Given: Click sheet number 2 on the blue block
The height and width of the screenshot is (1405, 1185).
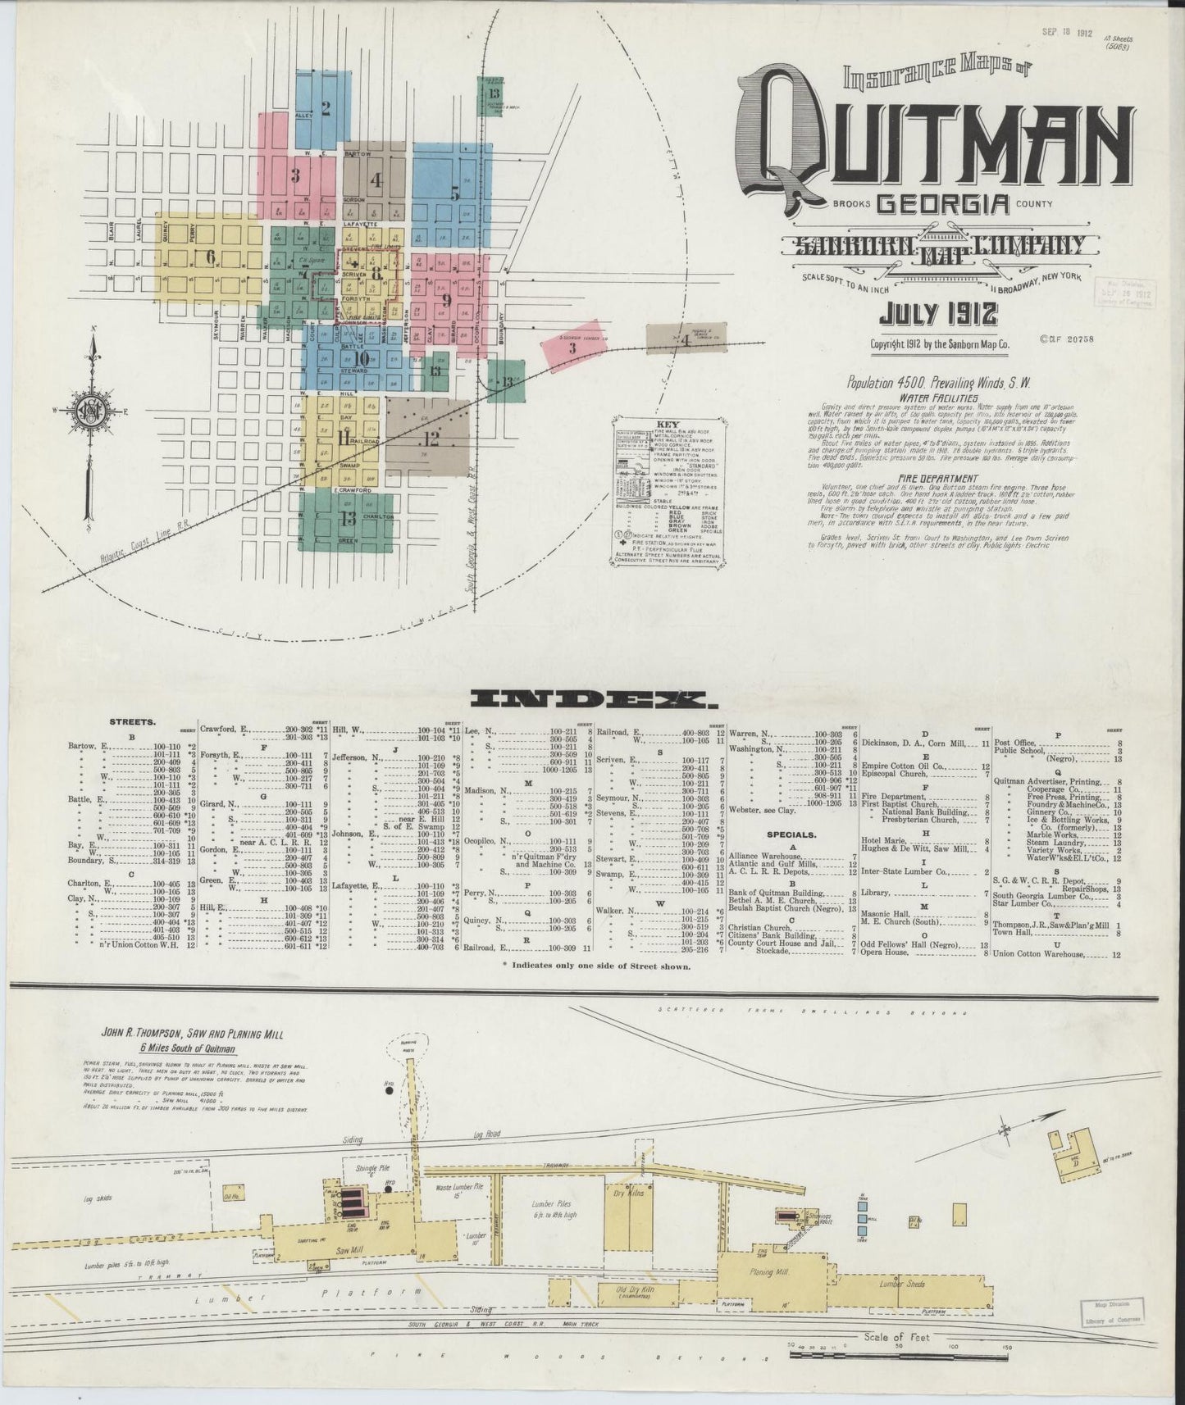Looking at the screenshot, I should tap(325, 107).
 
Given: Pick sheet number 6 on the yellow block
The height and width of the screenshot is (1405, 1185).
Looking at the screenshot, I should tap(210, 256).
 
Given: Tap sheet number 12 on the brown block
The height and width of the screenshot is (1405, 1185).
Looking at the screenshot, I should tap(431, 439).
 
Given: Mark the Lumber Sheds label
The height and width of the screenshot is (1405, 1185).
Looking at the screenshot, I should tap(902, 1284).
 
